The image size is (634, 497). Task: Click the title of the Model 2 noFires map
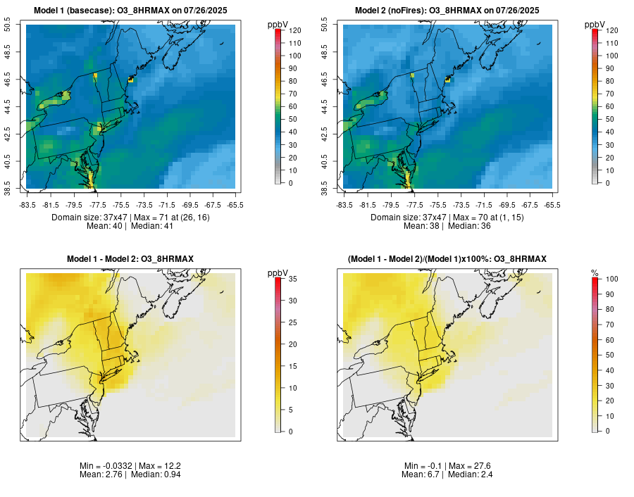tap(447, 10)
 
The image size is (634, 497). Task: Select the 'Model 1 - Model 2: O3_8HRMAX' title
tap(130, 259)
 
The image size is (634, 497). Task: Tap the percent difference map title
tap(447, 259)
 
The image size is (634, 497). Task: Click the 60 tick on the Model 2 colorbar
tap(609, 106)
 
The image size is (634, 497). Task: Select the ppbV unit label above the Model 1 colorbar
tap(278, 25)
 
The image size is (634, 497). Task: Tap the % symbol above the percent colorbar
tap(595, 273)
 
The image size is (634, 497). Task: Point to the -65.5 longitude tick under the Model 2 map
tap(552, 205)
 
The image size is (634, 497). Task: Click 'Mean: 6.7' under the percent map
tap(420, 474)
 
